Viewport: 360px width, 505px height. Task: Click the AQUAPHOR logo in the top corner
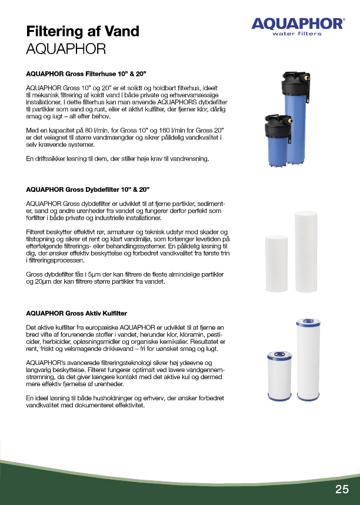(x=298, y=24)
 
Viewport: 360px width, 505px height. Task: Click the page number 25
(x=342, y=489)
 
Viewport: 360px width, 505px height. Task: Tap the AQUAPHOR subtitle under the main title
(x=66, y=48)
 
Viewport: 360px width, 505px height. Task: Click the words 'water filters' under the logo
(x=297, y=34)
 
